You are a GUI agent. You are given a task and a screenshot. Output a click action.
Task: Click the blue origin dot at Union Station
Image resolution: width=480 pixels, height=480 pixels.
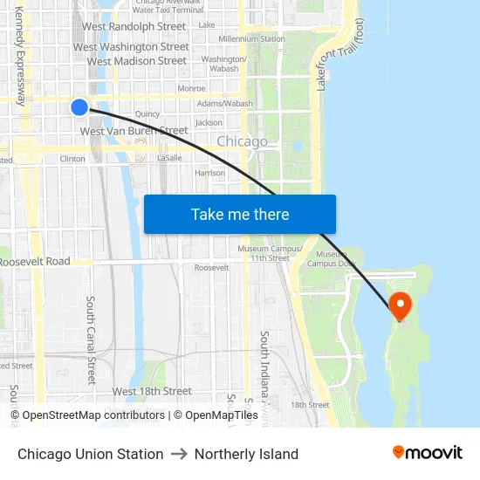click(x=79, y=107)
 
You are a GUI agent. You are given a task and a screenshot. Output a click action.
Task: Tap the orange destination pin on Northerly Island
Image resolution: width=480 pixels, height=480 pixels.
click(x=400, y=305)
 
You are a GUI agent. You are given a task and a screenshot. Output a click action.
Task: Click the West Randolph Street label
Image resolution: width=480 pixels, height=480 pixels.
click(x=134, y=27)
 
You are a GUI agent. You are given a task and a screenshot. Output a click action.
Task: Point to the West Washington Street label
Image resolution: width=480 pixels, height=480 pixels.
click(x=131, y=47)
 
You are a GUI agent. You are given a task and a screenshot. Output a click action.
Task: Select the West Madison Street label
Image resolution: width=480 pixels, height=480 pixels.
click(x=137, y=61)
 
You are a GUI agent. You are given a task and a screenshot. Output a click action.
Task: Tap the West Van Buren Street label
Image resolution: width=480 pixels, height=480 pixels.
click(x=134, y=131)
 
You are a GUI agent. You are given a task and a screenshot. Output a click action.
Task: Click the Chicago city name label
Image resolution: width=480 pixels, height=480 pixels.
click(x=242, y=141)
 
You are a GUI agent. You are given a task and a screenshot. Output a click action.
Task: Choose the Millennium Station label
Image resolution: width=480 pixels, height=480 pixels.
click(x=251, y=39)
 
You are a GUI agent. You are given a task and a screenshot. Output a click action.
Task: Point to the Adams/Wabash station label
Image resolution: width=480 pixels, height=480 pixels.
click(x=224, y=103)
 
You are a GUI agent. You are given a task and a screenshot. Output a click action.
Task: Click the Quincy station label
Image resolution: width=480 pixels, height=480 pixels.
click(x=147, y=113)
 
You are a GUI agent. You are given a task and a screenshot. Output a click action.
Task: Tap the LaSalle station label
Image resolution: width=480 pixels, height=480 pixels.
click(x=169, y=158)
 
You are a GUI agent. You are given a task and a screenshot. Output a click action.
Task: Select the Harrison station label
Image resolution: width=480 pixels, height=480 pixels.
click(x=209, y=173)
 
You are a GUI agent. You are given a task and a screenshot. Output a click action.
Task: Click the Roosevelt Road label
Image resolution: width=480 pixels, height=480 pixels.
click(x=35, y=262)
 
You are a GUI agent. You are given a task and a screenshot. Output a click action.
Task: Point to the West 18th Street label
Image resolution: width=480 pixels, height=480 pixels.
click(x=152, y=391)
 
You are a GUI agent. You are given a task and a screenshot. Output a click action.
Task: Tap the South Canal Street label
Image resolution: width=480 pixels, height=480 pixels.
click(x=91, y=339)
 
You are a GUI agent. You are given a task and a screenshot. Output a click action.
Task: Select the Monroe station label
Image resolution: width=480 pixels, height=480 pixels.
click(x=191, y=88)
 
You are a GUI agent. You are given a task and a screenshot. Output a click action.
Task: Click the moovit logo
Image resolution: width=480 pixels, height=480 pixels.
click(x=428, y=453)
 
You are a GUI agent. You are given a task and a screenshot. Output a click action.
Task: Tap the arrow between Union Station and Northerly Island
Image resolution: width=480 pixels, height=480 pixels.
click(x=179, y=454)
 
